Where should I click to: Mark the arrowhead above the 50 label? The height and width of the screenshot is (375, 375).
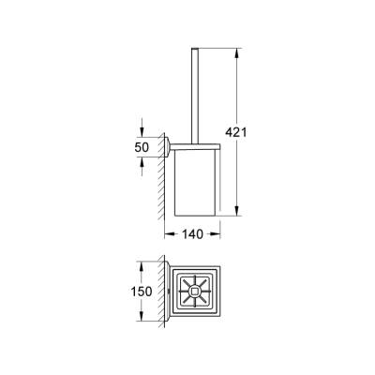pyautogui.click(x=142, y=132)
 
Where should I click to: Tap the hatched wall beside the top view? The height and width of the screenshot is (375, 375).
pyautogui.click(x=162, y=292)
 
